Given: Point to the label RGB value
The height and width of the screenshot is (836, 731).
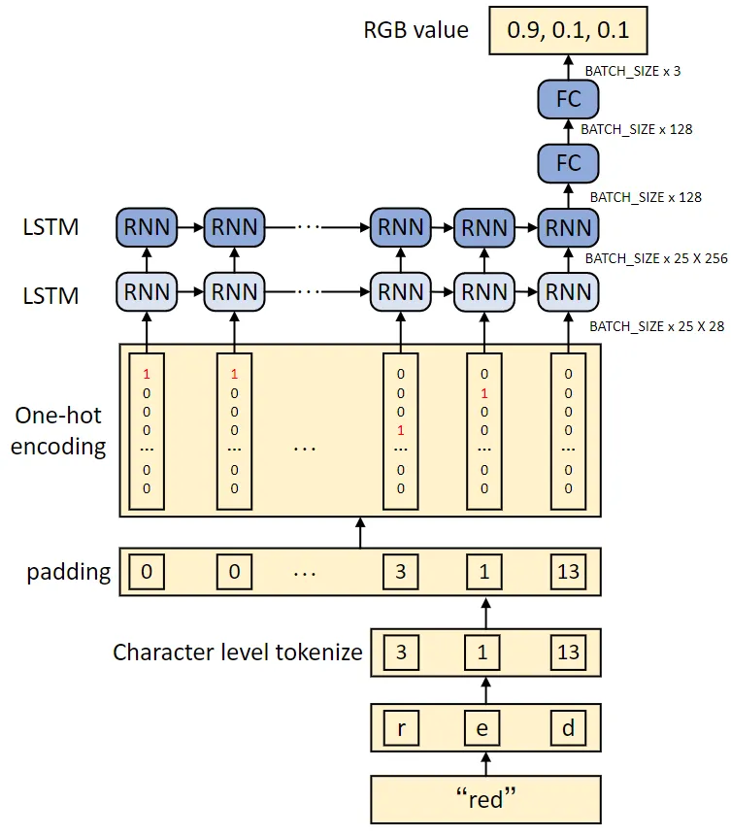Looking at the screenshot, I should tap(415, 30).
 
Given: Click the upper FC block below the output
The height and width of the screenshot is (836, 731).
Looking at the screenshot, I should tap(568, 99).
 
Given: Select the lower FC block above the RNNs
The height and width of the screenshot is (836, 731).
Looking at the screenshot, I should tap(568, 162).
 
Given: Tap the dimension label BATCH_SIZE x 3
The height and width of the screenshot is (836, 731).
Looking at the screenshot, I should tap(632, 71).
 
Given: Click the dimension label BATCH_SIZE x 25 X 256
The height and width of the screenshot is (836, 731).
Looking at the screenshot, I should tap(655, 259).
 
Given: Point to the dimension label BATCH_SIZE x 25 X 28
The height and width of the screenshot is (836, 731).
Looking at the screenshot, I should tap(657, 327).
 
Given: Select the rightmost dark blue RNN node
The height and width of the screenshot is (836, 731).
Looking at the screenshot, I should tap(568, 227).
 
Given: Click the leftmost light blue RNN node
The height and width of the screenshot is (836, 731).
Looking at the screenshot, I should tap(147, 291).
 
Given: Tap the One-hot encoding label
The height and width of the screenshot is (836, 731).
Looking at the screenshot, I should tap(60, 430).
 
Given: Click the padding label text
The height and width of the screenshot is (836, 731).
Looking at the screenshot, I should tap(68, 572).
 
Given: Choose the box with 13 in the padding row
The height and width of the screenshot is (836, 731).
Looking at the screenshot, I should tap(568, 572).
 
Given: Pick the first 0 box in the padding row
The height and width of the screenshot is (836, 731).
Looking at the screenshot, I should tap(147, 572).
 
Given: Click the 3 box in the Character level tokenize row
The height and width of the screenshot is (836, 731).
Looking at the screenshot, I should tap(401, 651).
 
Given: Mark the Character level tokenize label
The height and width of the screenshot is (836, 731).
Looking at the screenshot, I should tap(237, 652).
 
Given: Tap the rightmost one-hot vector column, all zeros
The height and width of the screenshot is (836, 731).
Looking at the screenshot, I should tap(568, 430).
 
